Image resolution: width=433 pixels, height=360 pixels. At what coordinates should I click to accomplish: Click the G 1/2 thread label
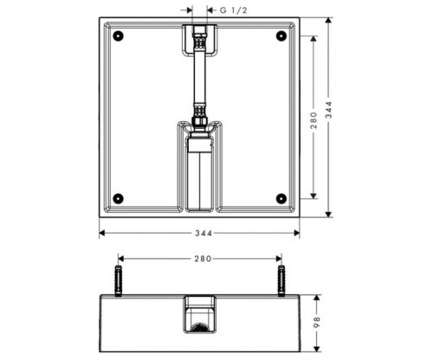(x=233, y=10)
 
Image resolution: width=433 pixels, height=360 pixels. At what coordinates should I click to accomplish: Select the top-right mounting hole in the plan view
(x=280, y=36)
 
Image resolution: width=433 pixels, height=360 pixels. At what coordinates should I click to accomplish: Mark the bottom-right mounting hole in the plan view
(x=280, y=197)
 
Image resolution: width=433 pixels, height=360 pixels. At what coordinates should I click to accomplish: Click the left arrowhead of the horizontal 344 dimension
(x=102, y=232)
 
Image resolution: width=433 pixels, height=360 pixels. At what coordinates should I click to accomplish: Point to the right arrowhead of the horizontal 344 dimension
(x=298, y=232)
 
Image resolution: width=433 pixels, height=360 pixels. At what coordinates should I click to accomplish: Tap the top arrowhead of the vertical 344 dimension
(x=330, y=19)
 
